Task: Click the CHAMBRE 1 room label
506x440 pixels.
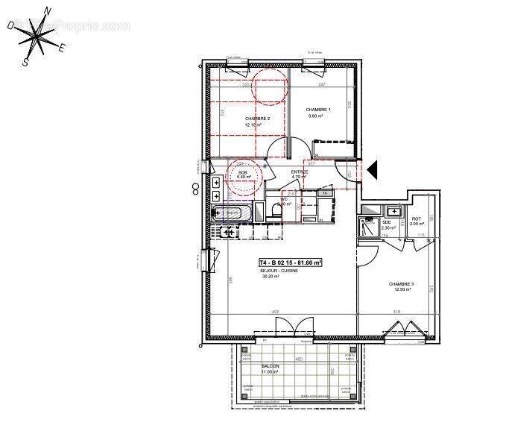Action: [x=318, y=110]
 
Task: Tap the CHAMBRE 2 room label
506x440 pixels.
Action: [x=257, y=119]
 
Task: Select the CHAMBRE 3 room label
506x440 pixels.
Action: [x=401, y=284]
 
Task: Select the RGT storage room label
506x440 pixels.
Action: [x=416, y=219]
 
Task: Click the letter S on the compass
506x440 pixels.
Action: [x=25, y=63]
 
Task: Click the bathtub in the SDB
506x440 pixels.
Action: [x=233, y=213]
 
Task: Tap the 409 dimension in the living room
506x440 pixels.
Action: [x=275, y=311]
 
